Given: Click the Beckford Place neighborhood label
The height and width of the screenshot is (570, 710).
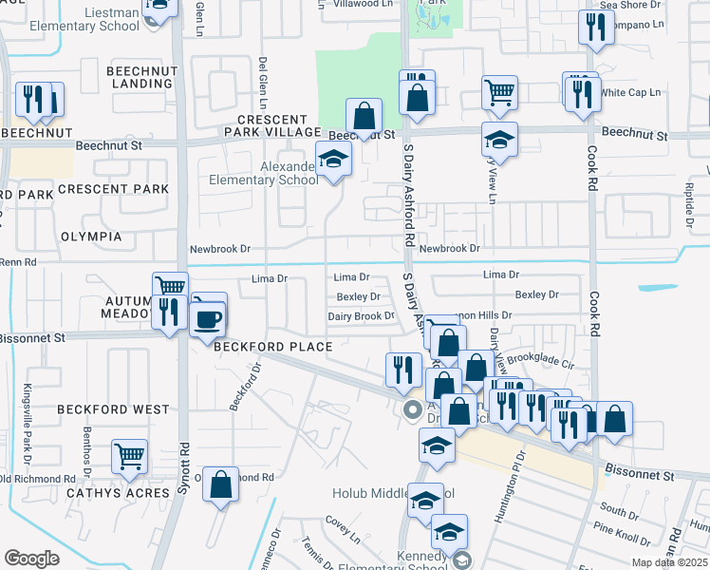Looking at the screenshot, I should coord(272,347).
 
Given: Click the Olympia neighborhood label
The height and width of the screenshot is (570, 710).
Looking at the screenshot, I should coord(91,236).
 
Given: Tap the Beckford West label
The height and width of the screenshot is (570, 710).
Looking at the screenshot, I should coord(113,409).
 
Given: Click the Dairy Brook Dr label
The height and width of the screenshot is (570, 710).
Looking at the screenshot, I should coord(361,316).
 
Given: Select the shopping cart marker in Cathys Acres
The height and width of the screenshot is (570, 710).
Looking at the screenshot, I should coord(129,457).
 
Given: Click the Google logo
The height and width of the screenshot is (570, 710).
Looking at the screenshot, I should coord(31,558).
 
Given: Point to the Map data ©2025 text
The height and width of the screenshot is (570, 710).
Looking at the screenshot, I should coord(669,562).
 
